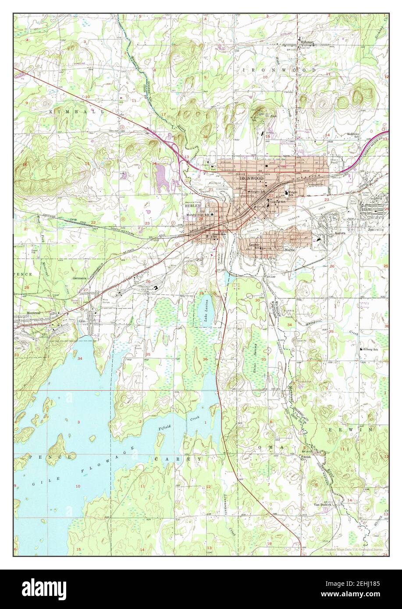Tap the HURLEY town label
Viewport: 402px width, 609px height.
click(x=192, y=205)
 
